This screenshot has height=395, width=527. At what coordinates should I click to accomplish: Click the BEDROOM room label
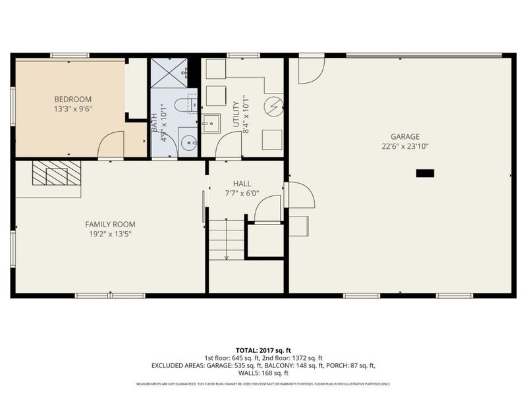[x=72, y=99]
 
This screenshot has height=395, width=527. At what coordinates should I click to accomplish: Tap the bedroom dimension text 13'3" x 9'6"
[x=72, y=109]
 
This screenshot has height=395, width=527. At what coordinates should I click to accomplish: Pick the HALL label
[x=242, y=184]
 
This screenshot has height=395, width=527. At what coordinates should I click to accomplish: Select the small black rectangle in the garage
[x=425, y=173]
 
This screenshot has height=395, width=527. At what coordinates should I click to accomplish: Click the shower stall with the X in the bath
[x=169, y=74]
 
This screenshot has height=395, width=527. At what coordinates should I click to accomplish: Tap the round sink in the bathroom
[x=188, y=142]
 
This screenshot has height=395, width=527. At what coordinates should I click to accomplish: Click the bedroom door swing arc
[x=112, y=145]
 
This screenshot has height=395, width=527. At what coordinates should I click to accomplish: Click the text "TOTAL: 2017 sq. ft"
[x=263, y=350]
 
